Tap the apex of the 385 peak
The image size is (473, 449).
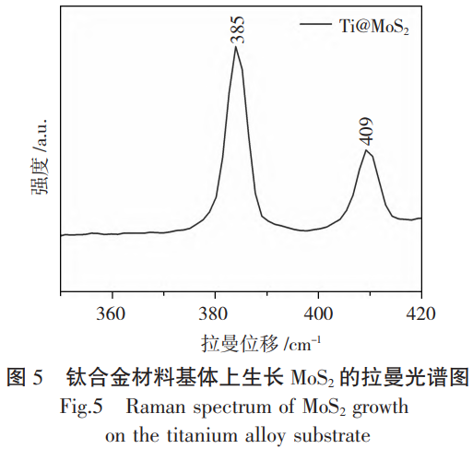pyautogui.click(x=236, y=47)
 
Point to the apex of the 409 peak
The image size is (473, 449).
pyautogui.click(x=367, y=149)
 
